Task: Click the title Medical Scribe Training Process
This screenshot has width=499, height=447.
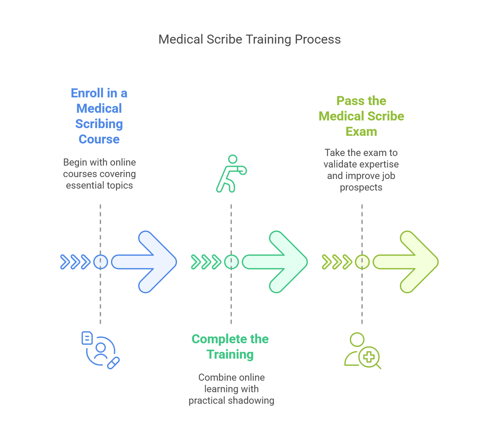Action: tap(249, 39)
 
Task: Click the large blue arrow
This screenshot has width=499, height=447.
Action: tap(146, 262)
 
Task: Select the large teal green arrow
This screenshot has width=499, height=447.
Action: tap(277, 262)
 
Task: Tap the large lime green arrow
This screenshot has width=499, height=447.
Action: tap(408, 262)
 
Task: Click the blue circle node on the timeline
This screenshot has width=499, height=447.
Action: tap(100, 262)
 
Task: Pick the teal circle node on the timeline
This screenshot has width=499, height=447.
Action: tap(231, 262)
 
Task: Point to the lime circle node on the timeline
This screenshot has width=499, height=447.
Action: tap(362, 262)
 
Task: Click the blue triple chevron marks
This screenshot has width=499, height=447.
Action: tap(76, 262)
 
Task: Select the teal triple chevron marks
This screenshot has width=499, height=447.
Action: tap(206, 262)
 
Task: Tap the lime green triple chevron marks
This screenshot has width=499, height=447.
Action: tap(337, 262)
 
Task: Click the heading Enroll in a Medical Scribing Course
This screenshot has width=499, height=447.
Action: tap(99, 116)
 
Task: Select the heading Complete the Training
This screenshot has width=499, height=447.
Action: tap(230, 346)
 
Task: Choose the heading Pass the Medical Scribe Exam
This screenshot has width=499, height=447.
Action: tap(361, 116)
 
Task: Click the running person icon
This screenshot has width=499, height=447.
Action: tap(231, 174)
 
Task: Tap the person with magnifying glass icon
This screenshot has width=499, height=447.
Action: tap(362, 351)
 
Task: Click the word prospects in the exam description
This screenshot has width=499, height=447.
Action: tap(361, 187)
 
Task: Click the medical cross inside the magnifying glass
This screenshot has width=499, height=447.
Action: tap(369, 357)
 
